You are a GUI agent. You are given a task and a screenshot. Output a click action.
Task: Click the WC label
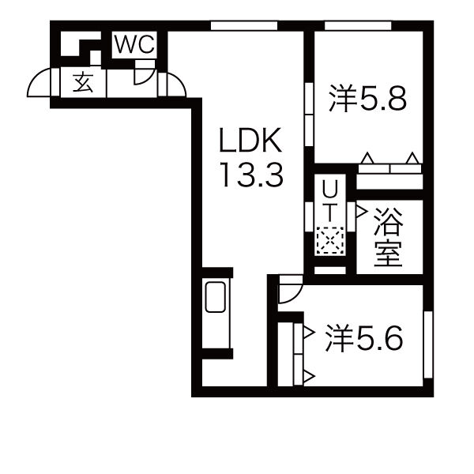point(135,45)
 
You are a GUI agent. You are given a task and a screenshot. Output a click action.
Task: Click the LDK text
point(250,141)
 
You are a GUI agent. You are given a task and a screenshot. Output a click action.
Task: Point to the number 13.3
point(253,175)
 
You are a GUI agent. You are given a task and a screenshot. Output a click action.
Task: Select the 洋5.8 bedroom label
point(368,98)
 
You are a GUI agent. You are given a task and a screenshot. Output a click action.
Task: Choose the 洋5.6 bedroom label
point(364,338)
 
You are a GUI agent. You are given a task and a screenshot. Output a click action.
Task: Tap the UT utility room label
point(329,201)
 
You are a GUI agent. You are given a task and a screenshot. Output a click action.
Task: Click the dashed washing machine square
point(329,240)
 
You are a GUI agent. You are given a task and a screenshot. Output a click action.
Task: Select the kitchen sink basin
point(216,297)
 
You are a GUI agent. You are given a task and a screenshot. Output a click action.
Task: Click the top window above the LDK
point(244,26)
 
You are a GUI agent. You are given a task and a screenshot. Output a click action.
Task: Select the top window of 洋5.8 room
point(358,26)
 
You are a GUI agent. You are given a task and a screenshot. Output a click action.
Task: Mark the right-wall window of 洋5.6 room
point(428,344)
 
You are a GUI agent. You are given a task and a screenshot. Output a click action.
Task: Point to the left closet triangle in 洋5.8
point(367,158)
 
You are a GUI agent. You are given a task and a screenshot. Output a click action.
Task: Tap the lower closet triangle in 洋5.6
point(309,377)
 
